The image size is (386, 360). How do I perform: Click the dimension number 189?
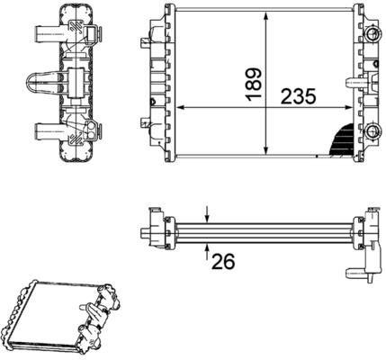coord(255,82)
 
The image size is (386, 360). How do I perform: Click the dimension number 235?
coord(303,97)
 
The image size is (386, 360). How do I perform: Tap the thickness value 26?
coord(223,261)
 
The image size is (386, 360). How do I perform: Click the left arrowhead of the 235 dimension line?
coord(178,107)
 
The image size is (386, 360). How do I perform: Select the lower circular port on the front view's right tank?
coord(372,127)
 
